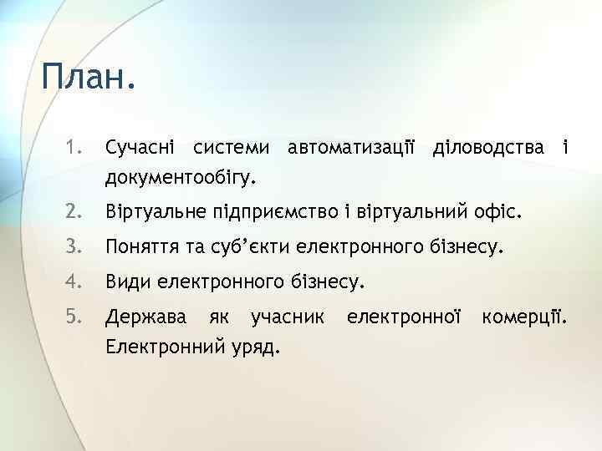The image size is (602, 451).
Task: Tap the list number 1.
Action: [x=73, y=149]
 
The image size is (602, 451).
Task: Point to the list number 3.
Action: [x=74, y=247]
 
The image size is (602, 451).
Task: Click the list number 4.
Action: [x=74, y=281]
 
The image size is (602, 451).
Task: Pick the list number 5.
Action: [x=74, y=317]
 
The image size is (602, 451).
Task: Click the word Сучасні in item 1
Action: [x=140, y=149]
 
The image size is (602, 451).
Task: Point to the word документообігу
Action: [x=180, y=178]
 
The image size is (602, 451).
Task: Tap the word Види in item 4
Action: [x=125, y=281]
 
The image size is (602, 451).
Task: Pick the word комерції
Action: [x=526, y=317]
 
